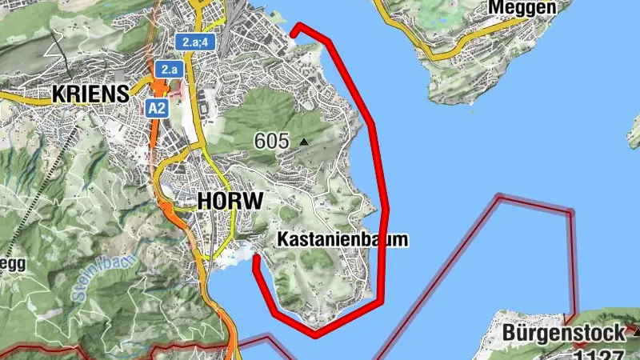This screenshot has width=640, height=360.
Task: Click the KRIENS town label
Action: [90, 94]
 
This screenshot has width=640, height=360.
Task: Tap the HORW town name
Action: [230, 201]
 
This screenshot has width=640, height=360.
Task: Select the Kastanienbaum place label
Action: [342, 238]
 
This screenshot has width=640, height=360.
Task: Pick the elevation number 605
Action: [271, 141]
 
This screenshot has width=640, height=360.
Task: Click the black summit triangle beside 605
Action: [303, 142]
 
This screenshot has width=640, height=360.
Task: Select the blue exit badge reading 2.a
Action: [169, 70]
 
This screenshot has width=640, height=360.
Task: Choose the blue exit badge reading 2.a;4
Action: [194, 42]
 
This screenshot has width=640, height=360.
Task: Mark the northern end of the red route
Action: [293, 33]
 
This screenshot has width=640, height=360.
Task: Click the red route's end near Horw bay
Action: [255, 258]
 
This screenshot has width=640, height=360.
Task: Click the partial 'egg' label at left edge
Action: [12, 266]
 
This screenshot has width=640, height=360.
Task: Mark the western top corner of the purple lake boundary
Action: [499, 196]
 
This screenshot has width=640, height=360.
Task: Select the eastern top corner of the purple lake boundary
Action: [570, 212]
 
